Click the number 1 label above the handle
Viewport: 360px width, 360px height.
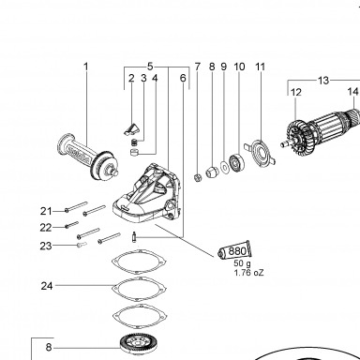[86, 67]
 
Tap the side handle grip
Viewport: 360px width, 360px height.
[87, 157]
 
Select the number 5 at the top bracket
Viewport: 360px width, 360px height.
[150, 67]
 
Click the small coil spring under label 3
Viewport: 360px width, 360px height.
[134, 142]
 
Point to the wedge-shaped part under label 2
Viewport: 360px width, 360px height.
[131, 128]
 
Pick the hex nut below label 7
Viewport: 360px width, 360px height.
[198, 178]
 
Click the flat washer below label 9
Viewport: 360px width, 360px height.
[224, 166]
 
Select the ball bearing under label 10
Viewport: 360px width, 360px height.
[236, 162]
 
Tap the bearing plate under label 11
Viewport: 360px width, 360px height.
[261, 153]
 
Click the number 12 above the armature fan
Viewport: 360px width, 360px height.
[296, 93]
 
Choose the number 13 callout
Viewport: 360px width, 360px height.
[323, 81]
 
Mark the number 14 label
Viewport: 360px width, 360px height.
[353, 92]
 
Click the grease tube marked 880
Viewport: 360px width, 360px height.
[235, 250]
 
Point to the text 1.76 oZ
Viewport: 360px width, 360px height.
[249, 273]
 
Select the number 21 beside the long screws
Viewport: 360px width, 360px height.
[46, 212]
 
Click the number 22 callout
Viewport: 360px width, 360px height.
[46, 228]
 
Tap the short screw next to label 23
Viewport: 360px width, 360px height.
[82, 244]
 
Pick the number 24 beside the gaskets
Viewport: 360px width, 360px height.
[47, 286]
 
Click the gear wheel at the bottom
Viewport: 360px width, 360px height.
[140, 346]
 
